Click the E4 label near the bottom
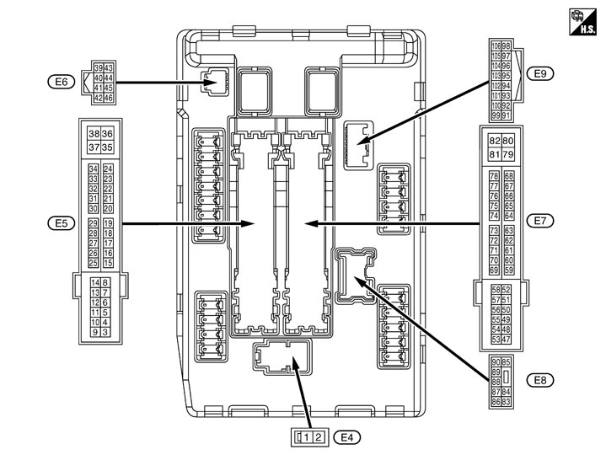point(346,436)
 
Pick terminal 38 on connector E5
point(94,134)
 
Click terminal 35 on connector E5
point(107,147)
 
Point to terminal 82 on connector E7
point(494,141)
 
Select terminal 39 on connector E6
point(99,67)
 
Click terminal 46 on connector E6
point(110,98)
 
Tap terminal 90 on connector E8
point(495,362)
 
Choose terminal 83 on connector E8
point(507,403)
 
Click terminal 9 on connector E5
point(94,333)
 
